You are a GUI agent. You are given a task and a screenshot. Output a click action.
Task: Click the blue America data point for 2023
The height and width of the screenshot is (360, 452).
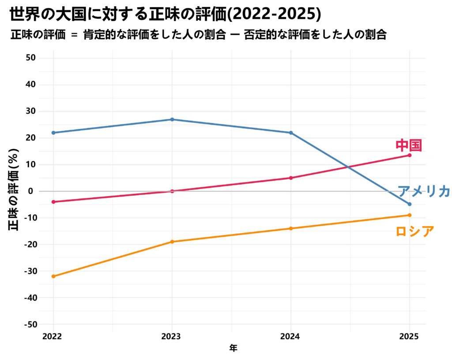coord(172,119)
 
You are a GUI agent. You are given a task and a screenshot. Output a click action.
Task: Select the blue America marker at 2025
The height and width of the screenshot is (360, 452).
coord(410,204)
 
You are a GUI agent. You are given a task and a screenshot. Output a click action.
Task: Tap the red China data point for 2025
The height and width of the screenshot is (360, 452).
coord(410,155)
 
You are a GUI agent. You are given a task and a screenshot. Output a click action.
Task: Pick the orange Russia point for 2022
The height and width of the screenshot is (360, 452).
coord(53,277)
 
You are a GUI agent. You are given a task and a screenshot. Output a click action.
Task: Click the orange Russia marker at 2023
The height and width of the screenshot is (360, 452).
coord(172,242)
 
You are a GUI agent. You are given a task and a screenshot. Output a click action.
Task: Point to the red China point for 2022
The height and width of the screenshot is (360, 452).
coord(53,202)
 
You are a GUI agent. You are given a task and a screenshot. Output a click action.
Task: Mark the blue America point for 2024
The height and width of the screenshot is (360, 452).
coord(291,133)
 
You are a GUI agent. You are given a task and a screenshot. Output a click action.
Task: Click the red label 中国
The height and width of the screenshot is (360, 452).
coord(409,145)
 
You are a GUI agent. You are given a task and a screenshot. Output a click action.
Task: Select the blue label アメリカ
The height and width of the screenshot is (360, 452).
coord(424,191)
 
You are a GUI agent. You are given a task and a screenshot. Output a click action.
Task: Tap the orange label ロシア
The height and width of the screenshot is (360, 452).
coord(414,231)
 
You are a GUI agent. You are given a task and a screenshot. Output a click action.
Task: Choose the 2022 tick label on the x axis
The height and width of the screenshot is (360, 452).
coord(52,336)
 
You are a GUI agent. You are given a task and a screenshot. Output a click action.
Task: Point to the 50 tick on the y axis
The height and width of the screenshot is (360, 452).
coord(31,58)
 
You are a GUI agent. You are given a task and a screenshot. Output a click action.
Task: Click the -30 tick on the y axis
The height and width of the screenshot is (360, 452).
coord(29,271)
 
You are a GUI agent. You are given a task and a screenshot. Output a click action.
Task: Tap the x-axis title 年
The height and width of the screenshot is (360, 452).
coord(233,349)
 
